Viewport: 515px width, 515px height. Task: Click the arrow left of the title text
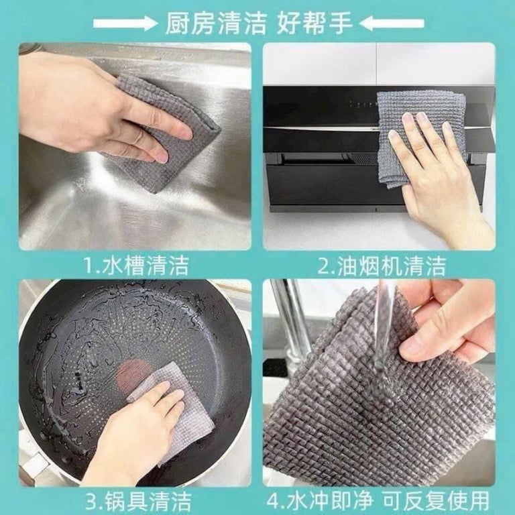(x=125, y=23)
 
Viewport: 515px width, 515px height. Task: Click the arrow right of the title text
(x=392, y=23)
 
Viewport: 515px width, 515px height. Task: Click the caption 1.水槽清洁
(x=135, y=266)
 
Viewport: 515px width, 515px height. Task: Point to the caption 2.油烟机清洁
(x=381, y=266)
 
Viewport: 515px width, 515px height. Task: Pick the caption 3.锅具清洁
(x=137, y=500)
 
